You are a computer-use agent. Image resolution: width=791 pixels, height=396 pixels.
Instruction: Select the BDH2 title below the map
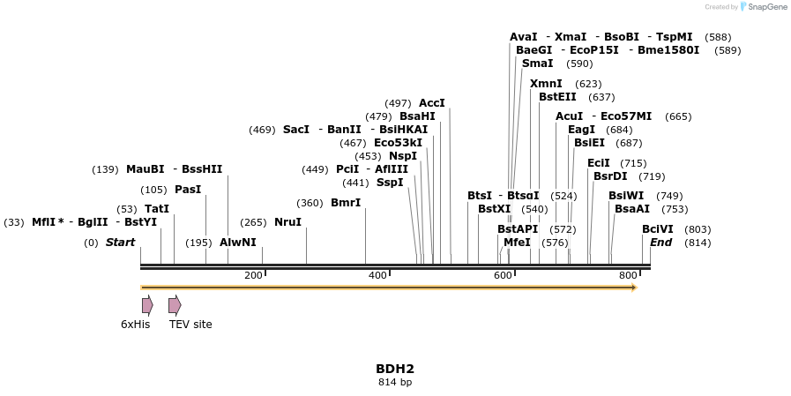[x=394, y=369]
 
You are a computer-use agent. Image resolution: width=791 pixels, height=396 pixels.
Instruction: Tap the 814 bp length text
[x=394, y=383]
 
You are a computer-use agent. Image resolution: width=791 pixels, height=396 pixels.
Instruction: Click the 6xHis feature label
[x=135, y=325]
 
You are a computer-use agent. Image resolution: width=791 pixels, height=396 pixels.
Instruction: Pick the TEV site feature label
[x=190, y=325]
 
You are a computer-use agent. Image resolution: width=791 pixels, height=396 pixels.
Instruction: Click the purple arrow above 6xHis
[x=147, y=305]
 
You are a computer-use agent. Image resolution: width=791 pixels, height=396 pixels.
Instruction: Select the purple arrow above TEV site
[x=175, y=305]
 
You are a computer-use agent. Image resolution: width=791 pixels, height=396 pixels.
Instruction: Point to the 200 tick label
[x=253, y=276]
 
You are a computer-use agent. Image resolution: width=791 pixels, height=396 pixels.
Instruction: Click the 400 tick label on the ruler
[x=377, y=276]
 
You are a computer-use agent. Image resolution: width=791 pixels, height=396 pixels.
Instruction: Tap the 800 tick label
[x=628, y=276]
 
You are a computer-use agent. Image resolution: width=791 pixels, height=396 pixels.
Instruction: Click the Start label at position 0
[x=120, y=243]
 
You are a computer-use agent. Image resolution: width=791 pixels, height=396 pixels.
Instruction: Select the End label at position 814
[x=661, y=243]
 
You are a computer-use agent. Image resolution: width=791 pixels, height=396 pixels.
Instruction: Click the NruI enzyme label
[x=287, y=222]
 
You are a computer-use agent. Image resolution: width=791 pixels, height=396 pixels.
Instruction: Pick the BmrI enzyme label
[x=346, y=203]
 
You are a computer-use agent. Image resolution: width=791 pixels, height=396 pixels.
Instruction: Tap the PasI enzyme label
[x=188, y=190]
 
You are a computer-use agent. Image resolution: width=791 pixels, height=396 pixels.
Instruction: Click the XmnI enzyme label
[x=546, y=84]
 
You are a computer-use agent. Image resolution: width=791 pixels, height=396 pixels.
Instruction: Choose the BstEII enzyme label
[x=557, y=97]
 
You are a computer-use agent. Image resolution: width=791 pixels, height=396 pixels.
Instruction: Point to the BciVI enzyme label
[x=658, y=229]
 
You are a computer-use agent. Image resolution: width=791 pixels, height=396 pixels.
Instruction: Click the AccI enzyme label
[x=432, y=103]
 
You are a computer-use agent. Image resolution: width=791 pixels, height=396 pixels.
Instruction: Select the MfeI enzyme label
[x=517, y=243]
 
